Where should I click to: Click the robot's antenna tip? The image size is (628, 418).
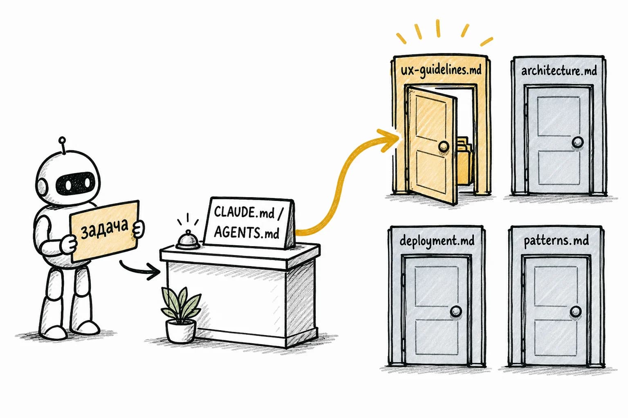click(x=62, y=140)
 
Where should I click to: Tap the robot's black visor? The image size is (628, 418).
click(x=74, y=183)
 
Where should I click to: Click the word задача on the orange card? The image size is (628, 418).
click(x=104, y=229)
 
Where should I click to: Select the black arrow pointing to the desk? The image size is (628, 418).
click(x=139, y=271)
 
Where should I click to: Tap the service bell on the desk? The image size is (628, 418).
click(x=188, y=240)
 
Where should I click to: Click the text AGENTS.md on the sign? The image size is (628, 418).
click(x=247, y=232)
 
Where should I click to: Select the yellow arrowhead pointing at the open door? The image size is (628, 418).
click(x=389, y=140)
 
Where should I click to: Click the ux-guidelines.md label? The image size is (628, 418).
click(x=441, y=70)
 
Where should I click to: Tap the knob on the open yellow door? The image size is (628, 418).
click(x=444, y=146)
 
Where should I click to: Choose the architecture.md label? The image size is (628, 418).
click(x=559, y=71)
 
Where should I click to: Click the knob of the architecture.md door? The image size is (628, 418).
click(x=578, y=142)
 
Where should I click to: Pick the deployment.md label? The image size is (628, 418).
click(x=437, y=241)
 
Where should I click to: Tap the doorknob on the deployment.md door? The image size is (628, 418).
click(x=456, y=311)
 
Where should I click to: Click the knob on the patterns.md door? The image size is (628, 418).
click(x=576, y=311)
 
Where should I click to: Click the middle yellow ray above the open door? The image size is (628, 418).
click(x=438, y=28)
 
